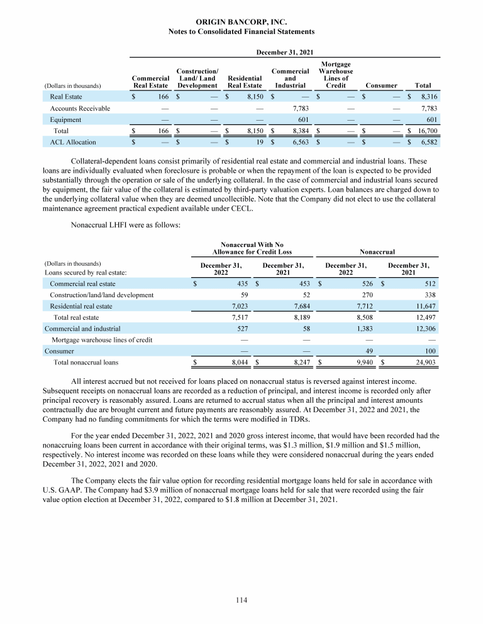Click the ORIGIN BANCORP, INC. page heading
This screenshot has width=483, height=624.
[242, 21]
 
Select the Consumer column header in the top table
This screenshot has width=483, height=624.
[381, 85]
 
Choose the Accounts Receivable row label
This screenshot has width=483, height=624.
[80, 109]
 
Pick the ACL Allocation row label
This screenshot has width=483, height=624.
[74, 143]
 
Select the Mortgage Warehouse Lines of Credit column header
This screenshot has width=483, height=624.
[336, 75]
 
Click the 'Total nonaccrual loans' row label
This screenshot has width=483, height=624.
[86, 363]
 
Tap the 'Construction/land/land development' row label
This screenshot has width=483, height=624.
[101, 295]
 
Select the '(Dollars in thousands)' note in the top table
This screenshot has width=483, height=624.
[74, 85]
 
